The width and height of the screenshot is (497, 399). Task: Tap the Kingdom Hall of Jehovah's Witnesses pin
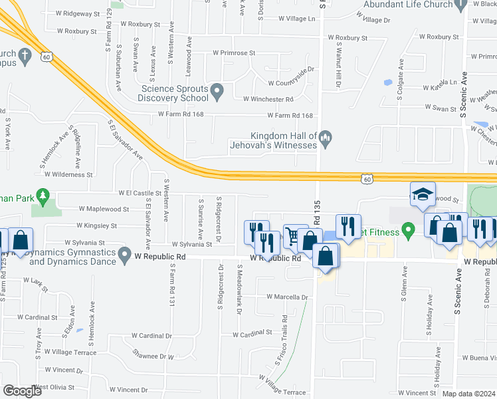point(325,138)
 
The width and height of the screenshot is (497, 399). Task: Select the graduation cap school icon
point(422,194)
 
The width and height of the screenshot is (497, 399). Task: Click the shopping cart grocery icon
point(291,235)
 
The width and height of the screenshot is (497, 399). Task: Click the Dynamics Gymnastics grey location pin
point(124,254)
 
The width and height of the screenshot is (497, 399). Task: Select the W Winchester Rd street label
point(268,99)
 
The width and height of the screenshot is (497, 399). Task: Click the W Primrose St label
point(234,53)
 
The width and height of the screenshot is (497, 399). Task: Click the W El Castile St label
point(140,193)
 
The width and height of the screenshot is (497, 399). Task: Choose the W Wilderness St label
point(68,174)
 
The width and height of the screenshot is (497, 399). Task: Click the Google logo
point(22,391)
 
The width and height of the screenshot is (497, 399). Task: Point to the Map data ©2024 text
point(468,394)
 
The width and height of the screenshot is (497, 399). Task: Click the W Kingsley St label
point(96,226)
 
